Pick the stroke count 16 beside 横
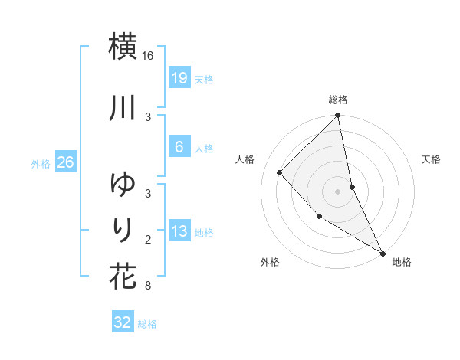click(148, 56)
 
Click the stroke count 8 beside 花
click(148, 286)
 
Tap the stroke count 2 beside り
click(148, 240)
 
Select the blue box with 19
click(179, 77)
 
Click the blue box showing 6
click(179, 146)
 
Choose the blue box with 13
click(179, 231)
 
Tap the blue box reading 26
click(65, 162)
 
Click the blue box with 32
click(123, 322)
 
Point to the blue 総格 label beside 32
click(147, 324)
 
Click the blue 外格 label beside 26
click(41, 163)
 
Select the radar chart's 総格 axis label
click(338, 100)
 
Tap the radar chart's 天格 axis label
click(432, 159)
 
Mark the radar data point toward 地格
click(383, 253)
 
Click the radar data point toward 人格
click(280, 172)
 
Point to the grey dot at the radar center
click(338, 191)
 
